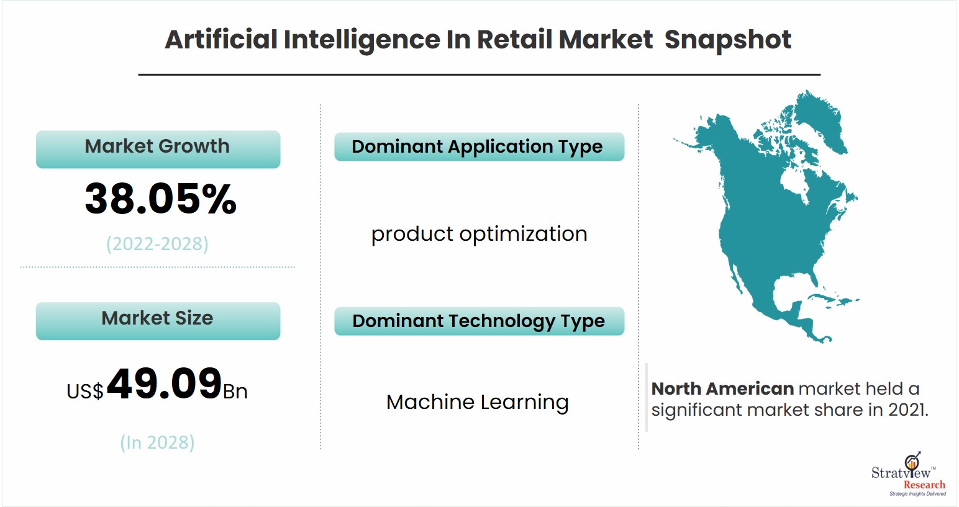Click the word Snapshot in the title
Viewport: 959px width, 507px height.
pos(728,40)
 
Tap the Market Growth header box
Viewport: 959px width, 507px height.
pos(158,149)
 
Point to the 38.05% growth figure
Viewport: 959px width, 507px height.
pos(160,199)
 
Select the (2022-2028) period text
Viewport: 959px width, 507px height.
pos(157,244)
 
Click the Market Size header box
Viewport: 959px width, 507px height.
pos(158,321)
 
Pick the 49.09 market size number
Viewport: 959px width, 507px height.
pos(165,384)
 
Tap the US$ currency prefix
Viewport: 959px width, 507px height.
pos(84,391)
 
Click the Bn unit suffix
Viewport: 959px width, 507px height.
pos(235,392)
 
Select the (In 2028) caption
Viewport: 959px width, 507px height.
pos(157,442)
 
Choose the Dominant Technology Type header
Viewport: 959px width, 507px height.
pos(479,321)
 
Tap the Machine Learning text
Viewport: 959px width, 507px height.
pos(478,403)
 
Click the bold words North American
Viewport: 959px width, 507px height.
pos(723,389)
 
